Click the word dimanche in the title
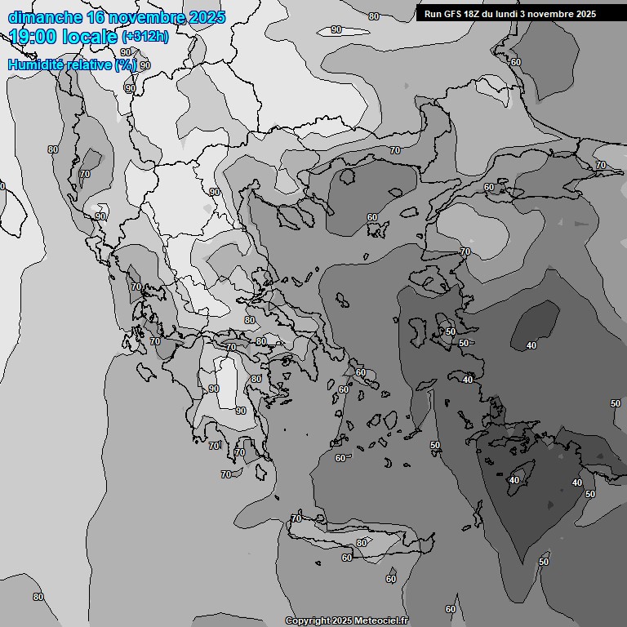[44, 17]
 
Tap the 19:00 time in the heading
[33, 37]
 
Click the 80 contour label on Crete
[362, 543]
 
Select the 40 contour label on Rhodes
[514, 480]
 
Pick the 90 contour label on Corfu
[100, 216]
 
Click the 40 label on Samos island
[468, 380]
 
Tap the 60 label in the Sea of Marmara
[489, 187]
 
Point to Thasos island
[348, 176]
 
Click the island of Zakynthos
[149, 371]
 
